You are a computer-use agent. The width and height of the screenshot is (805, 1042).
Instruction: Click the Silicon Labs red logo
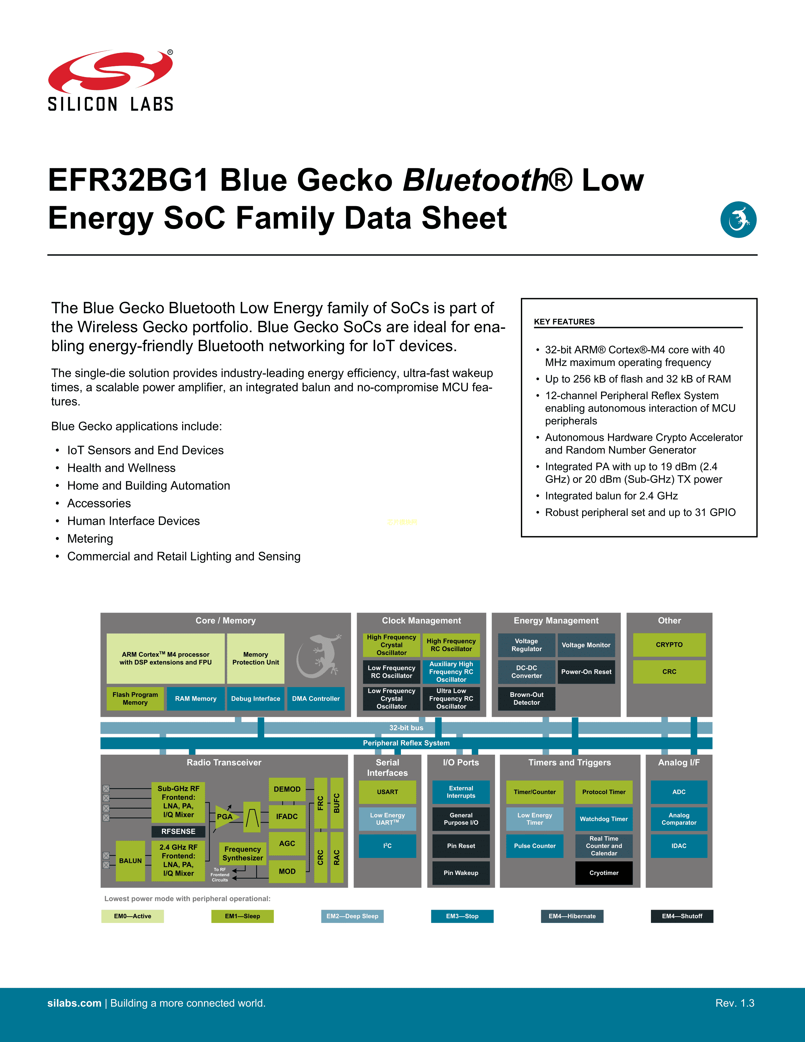click(x=110, y=72)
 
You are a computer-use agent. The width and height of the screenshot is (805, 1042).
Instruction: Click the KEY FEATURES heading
click(x=564, y=321)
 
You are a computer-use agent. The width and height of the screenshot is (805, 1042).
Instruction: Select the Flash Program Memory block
click(x=135, y=698)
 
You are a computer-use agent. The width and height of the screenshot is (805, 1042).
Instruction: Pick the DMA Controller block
click(x=316, y=698)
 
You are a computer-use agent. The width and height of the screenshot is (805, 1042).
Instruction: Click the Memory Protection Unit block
click(x=256, y=658)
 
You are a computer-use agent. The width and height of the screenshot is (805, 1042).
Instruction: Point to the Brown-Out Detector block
click(x=527, y=698)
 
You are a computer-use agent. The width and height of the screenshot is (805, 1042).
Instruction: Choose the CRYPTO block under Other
click(x=669, y=644)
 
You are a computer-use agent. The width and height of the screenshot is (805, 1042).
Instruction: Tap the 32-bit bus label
click(x=406, y=728)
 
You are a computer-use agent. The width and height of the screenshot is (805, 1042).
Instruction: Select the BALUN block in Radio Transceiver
click(x=130, y=861)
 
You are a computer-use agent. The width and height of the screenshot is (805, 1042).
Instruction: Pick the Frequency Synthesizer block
click(x=243, y=853)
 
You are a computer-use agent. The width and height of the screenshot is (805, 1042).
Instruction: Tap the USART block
click(x=387, y=792)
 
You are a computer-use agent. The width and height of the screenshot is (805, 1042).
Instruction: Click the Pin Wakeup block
click(x=461, y=873)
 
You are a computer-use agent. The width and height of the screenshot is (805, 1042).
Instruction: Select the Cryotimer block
click(x=604, y=873)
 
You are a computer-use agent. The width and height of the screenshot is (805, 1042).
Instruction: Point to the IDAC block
click(x=679, y=846)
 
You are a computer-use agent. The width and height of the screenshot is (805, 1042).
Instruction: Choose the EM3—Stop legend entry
click(x=462, y=916)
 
